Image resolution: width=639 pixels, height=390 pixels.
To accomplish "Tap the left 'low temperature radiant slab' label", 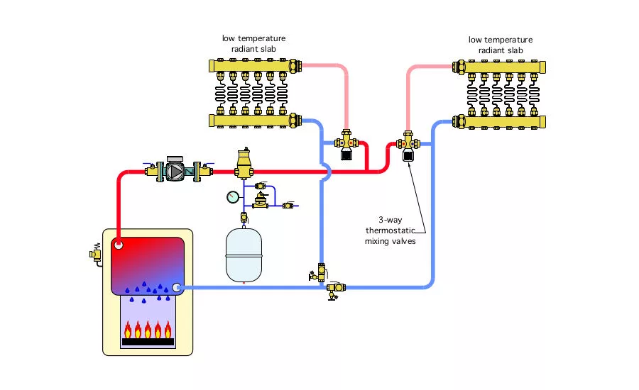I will pyautogui.click(x=253, y=44).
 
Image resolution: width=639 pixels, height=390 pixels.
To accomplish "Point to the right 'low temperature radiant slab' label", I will pyautogui.click(x=501, y=44).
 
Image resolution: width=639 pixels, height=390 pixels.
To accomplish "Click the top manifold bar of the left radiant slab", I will pyautogui.click(x=256, y=67).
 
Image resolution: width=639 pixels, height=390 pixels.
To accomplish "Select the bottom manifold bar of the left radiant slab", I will pyautogui.click(x=256, y=121).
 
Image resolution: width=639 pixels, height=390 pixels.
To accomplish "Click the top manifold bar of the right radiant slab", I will pyautogui.click(x=501, y=68).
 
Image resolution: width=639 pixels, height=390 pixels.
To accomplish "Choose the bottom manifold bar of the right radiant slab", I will pyautogui.click(x=501, y=121).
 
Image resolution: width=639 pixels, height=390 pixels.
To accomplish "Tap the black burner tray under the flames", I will pyautogui.click(x=148, y=342).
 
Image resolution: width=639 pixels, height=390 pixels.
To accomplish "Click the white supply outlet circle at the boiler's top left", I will pyautogui.click(x=119, y=245).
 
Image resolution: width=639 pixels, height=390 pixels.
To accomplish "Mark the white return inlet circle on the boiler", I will pyautogui.click(x=176, y=287).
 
